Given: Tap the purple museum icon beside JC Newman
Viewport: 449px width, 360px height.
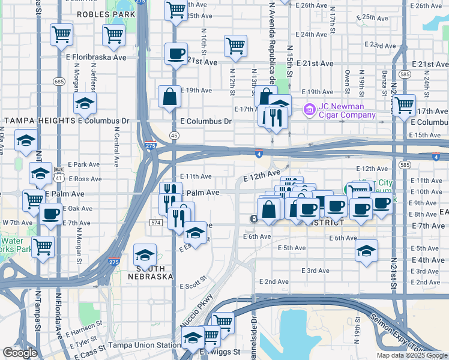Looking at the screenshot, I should pos(309,109).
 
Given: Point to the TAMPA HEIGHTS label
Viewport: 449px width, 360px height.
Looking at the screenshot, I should pos(39,121).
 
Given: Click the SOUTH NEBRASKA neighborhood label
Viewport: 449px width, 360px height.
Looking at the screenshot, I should pos(150,272).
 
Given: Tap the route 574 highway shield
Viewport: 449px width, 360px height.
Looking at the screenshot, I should pos(155,222).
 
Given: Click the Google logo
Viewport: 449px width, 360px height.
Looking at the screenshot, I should pos(20,353).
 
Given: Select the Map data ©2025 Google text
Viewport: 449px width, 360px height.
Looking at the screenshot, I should pos(412,355).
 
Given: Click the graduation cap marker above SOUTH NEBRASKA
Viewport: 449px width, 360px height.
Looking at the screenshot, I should pos(144,255).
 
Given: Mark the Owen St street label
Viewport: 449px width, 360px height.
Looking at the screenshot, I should pos(347,77).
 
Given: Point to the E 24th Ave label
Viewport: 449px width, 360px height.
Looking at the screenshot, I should pos(314,34).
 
